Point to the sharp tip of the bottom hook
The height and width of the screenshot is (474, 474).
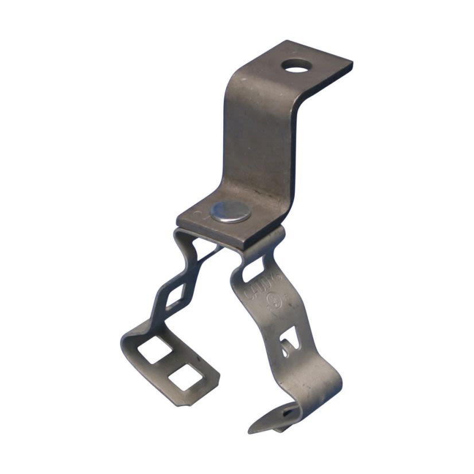click(x=250, y=430)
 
